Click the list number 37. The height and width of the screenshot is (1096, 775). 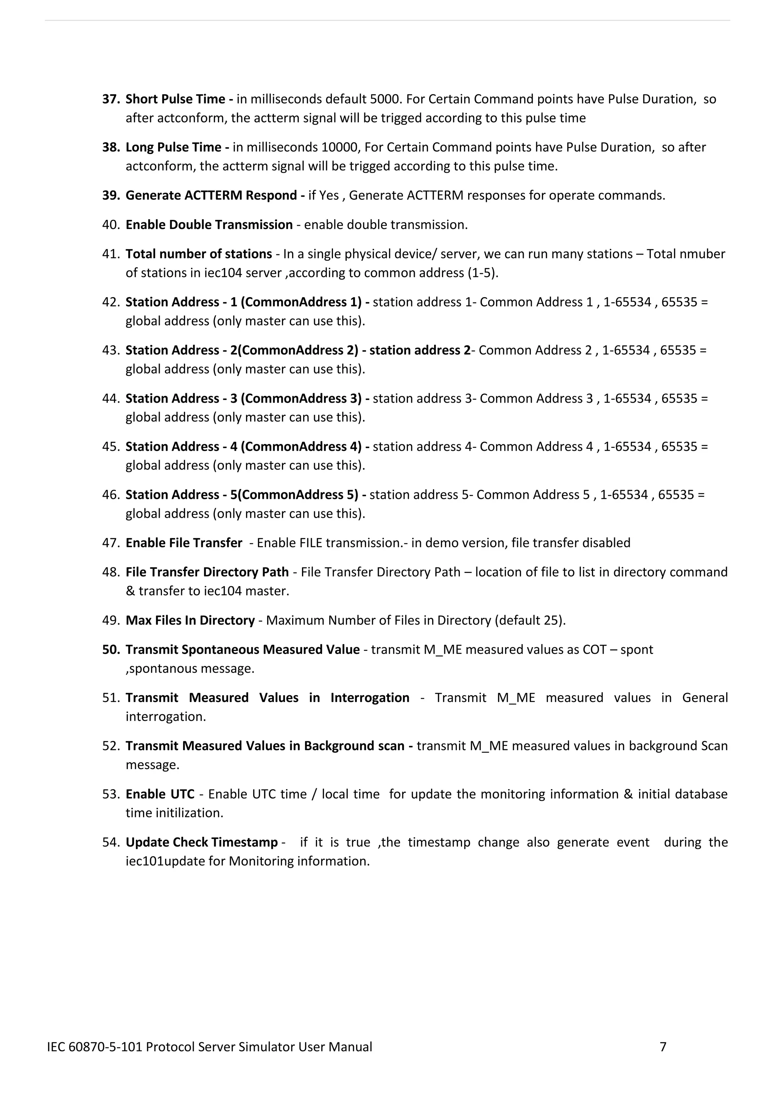[111, 99]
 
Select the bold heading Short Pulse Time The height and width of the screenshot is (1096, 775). [175, 99]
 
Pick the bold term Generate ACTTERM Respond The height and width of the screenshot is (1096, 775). [212, 196]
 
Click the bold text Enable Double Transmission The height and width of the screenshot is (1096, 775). [209, 225]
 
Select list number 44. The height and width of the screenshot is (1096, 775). [111, 399]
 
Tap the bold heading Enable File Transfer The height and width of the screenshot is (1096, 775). [184, 543]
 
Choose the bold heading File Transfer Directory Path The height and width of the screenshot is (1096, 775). [207, 572]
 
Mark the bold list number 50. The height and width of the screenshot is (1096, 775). [111, 650]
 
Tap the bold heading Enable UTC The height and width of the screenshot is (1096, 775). [160, 794]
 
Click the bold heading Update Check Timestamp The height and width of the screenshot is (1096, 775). [201, 842]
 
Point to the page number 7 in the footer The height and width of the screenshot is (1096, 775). [663, 1047]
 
